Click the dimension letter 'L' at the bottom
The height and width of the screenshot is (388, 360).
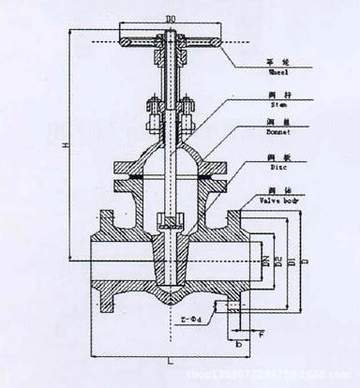[x=165, y=359]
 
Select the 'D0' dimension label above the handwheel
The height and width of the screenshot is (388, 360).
[x=169, y=19]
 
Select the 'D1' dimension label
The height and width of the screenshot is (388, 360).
[x=290, y=260]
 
